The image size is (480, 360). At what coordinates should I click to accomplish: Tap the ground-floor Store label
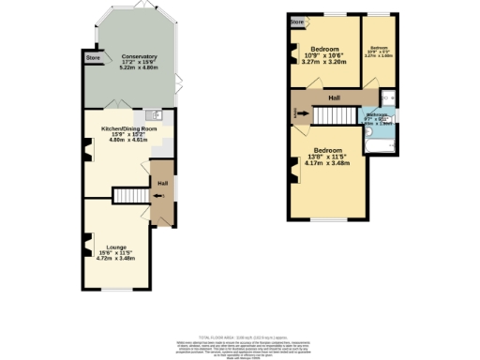tap(93, 58)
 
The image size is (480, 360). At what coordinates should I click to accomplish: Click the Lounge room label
tap(116, 247)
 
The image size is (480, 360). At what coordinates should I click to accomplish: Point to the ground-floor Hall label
tap(161, 184)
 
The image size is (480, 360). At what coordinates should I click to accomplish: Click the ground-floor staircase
tap(130, 195)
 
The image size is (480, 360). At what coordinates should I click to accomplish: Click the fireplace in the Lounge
tap(87, 245)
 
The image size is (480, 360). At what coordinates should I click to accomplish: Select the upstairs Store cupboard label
tap(297, 21)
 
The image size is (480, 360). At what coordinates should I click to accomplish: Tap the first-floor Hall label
tap(334, 97)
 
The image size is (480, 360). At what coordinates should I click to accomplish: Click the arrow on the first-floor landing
tap(300, 112)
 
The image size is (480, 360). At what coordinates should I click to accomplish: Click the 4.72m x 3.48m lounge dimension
tap(116, 258)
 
